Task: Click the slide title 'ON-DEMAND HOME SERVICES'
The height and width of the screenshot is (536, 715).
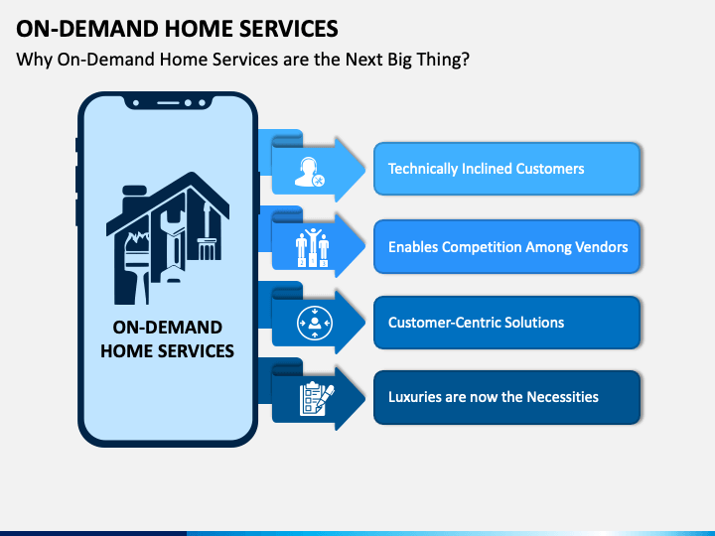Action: coord(177,29)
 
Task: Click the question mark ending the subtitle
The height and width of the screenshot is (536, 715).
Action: coord(465,60)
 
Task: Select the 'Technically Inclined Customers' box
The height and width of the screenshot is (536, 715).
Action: coord(506,169)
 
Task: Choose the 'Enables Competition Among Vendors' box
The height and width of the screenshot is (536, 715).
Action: coord(506,246)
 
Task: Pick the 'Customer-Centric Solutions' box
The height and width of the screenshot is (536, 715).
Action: coord(506,323)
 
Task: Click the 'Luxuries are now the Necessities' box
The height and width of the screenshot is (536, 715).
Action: coord(506,397)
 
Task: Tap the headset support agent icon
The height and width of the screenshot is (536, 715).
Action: coord(309,172)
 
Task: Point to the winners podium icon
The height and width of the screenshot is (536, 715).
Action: coord(313,247)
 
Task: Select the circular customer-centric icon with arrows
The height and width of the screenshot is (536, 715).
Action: coord(314,324)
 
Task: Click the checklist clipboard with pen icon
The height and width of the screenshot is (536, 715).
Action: coord(317,399)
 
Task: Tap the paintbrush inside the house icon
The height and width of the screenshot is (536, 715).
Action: coord(136,267)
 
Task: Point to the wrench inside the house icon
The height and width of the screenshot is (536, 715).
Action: coord(173,241)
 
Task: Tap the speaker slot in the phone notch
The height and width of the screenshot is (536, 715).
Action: coord(168,103)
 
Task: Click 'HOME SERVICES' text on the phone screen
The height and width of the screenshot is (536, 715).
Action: coord(167,351)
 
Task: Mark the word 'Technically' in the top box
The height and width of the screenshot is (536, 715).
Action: coord(423,169)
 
